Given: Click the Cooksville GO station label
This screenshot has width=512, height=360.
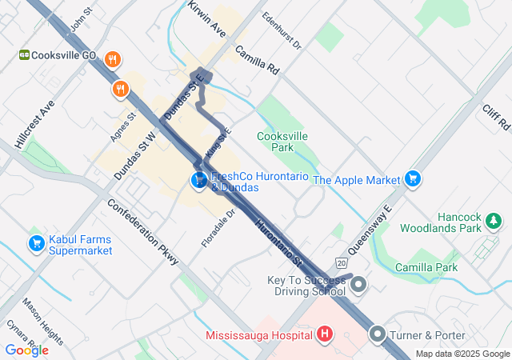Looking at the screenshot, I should tap(65, 55).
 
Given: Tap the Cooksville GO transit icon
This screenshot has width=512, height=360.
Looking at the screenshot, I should tap(25, 55).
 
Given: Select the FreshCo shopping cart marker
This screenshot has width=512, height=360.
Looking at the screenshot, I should tap(198, 181).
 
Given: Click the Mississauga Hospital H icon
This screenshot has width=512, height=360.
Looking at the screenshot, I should tap(324, 333).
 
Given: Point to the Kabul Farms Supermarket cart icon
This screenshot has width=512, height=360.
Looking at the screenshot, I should tap(36, 243).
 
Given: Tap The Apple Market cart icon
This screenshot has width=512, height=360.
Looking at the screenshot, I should tap(412, 178).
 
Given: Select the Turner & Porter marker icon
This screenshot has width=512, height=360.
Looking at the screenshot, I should tap(378, 333).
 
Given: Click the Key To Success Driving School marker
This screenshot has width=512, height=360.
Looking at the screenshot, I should tap(358, 284).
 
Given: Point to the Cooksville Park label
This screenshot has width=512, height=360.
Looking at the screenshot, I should tap(282, 142).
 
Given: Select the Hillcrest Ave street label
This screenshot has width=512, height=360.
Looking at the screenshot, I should tap(34, 125).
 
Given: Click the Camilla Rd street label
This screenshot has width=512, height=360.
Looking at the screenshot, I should tap(256, 59).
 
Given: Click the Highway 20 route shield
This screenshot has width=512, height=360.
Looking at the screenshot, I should tap(342, 263).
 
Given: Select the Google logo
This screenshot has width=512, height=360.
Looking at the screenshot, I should tap(26, 350).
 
